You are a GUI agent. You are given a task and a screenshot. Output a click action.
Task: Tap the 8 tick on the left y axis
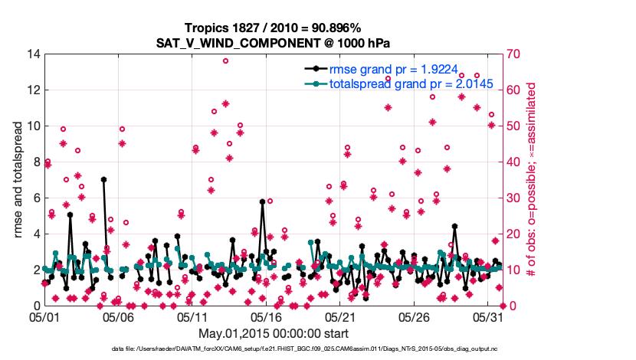click(x=35, y=162)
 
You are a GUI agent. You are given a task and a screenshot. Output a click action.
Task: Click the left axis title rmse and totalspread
click(x=19, y=179)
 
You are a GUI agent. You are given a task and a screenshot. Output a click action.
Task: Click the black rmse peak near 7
click(x=103, y=179)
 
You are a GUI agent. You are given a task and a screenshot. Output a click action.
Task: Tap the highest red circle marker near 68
click(x=225, y=61)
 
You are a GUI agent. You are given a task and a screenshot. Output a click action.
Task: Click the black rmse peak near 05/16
click(x=262, y=201)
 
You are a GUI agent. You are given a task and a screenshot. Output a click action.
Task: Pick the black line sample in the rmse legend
click(x=313, y=69)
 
